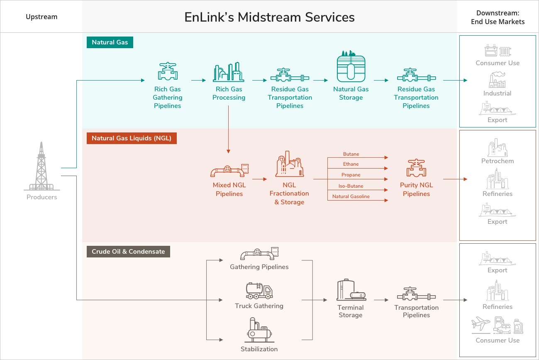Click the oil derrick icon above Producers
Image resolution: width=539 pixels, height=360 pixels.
(41, 166)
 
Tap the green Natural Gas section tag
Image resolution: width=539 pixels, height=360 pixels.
(110, 42)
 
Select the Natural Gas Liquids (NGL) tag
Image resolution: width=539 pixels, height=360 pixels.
(132, 138)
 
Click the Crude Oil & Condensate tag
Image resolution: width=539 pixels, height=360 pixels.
(128, 252)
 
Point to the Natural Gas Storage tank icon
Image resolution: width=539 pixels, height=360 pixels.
(351, 67)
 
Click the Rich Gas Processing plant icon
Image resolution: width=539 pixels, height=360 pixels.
(228, 72)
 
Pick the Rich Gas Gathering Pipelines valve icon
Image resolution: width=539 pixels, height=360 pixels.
(168, 71)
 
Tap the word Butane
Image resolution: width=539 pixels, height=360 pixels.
(351, 154)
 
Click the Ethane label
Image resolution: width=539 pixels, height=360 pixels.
(351, 164)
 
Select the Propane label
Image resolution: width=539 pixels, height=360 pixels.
(351, 175)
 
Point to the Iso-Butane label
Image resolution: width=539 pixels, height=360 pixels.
(351, 186)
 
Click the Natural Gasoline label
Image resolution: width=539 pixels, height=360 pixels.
(351, 196)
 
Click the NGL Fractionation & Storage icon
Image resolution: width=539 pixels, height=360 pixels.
(289, 164)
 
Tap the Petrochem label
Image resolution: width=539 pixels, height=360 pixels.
(498, 161)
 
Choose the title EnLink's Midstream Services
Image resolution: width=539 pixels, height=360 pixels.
(270, 17)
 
